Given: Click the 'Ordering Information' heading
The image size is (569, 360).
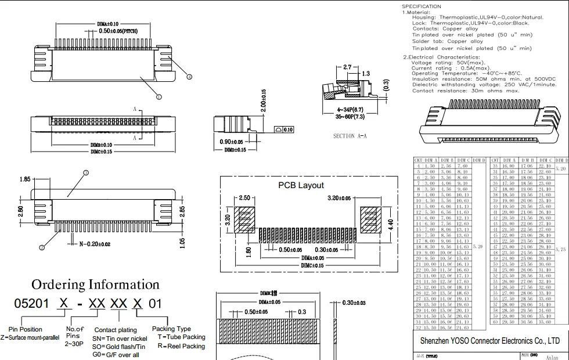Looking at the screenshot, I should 95,285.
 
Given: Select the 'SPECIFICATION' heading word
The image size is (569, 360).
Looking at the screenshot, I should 422,6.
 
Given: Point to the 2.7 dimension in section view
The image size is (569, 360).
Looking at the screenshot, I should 347,67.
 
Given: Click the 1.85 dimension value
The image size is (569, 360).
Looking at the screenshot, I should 25,179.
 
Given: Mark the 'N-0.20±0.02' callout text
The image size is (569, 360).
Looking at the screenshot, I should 94,244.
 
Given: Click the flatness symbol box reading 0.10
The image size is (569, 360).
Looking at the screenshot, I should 288,129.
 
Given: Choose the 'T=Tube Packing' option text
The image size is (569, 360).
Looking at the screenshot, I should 181,337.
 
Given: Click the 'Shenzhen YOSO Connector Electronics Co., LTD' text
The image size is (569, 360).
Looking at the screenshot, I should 489,341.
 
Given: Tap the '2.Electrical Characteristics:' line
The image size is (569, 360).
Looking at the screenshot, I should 442,57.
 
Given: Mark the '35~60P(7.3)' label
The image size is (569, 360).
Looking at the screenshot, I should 350,117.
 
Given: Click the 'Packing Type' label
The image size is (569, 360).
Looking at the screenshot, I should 171,329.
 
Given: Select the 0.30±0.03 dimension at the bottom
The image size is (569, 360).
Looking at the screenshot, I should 354,303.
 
